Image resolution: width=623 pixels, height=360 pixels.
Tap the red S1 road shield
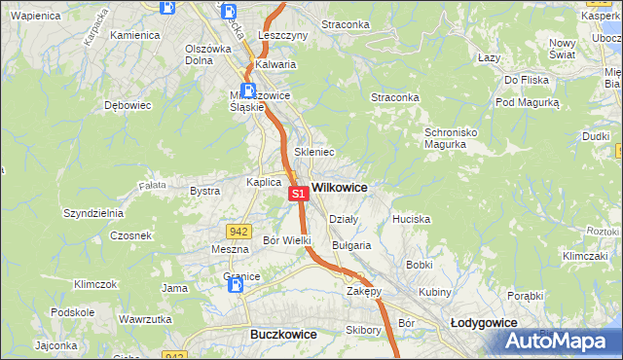[299, 195]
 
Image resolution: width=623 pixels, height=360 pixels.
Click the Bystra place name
[204, 191]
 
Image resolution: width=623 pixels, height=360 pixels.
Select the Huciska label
[411, 219]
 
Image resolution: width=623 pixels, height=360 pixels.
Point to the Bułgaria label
[351, 245]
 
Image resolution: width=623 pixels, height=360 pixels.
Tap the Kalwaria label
[275, 65]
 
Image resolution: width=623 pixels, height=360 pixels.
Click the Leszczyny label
[282, 34]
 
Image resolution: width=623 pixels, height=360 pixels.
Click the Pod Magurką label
[528, 101]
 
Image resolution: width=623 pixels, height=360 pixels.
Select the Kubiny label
[435, 292]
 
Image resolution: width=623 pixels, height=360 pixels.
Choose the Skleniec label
[314, 152]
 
